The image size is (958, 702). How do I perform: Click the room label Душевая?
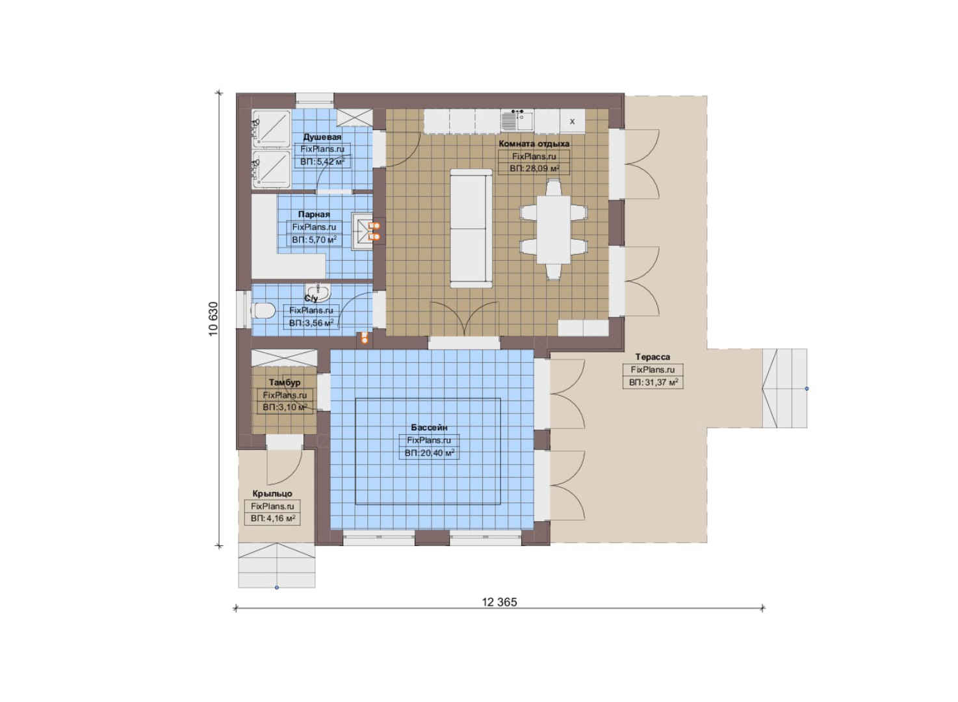[x=322, y=137]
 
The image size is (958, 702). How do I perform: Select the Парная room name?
[x=314, y=214]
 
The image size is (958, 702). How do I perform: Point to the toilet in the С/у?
[x=263, y=311]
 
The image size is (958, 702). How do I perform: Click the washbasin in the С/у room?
[x=318, y=293]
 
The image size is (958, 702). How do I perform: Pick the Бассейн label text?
[x=429, y=427]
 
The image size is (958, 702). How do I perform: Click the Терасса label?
[x=653, y=357]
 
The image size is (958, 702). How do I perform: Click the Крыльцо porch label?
[x=272, y=493]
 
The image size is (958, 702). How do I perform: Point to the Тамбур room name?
[x=285, y=382]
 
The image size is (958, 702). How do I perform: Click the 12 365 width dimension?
[x=500, y=603]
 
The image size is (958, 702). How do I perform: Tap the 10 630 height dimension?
[x=213, y=319]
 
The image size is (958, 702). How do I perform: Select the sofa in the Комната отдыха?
[x=471, y=228]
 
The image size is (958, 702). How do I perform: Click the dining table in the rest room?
[x=553, y=229]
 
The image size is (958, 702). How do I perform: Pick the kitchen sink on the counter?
[x=517, y=121]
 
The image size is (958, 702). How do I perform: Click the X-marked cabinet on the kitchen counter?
[x=572, y=122]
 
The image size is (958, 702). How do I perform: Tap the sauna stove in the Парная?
[x=362, y=231]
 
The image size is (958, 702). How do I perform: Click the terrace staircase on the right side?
[x=784, y=388]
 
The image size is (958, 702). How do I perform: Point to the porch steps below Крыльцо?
[x=277, y=565]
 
